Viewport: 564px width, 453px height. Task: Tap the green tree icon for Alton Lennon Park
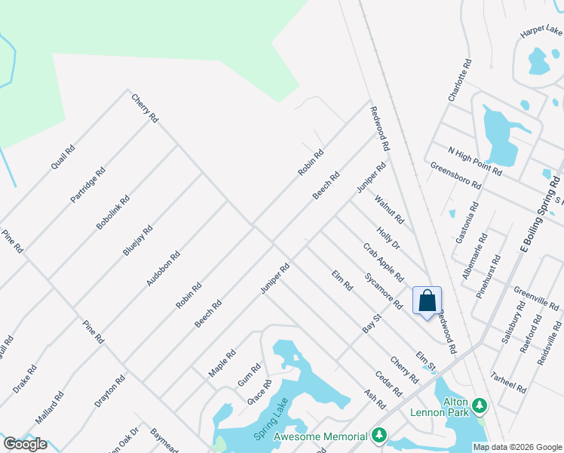[x=479, y=408]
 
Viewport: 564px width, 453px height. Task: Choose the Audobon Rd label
[x=164, y=268]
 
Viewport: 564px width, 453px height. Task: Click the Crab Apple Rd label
[x=383, y=262]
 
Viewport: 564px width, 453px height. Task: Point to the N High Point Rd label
[x=474, y=161]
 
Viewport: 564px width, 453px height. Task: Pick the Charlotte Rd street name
[x=459, y=81]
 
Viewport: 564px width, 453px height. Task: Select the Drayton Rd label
[x=109, y=391]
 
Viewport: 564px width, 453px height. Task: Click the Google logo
[x=25, y=444]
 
